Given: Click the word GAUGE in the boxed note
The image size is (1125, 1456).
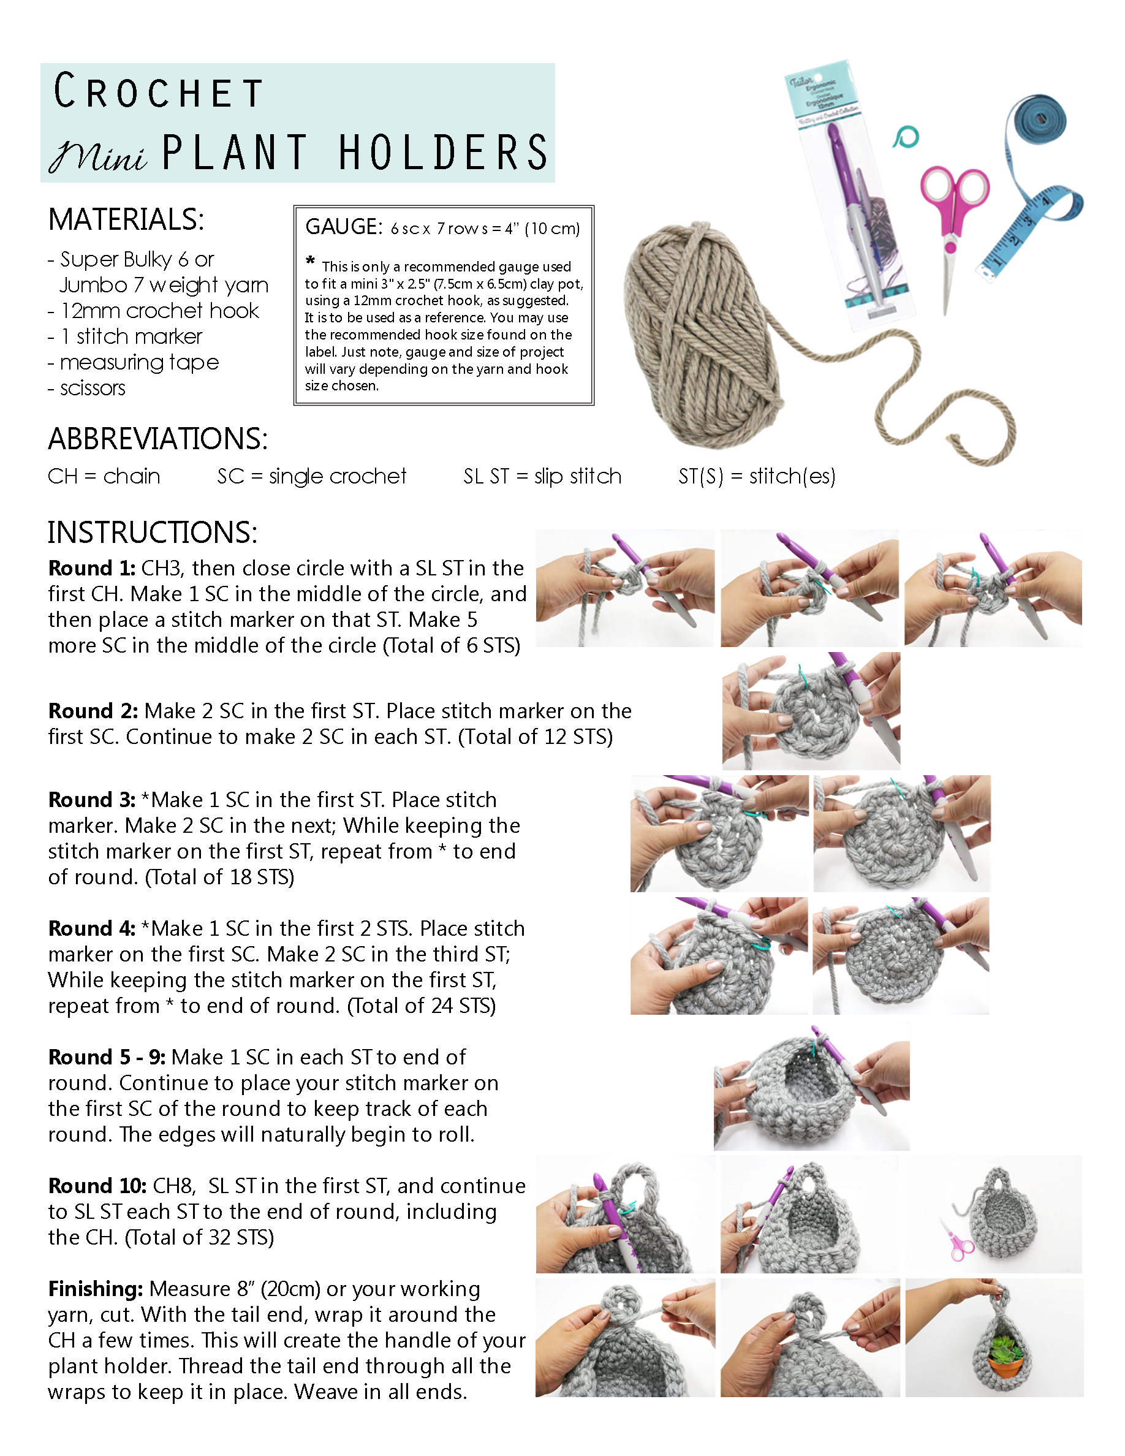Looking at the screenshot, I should click(343, 227).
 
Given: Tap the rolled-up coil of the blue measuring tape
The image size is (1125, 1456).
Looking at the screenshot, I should click(1040, 119).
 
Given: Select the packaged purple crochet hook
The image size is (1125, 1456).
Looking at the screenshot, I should click(850, 200).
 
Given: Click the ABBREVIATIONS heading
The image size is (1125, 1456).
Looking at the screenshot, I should click(158, 439).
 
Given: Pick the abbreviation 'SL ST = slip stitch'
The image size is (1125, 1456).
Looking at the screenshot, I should click(542, 476).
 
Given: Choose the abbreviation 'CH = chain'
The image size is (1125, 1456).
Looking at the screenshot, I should click(104, 476).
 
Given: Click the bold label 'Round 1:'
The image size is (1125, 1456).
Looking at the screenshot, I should click(91, 568).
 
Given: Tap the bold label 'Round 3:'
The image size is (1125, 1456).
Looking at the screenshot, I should click(91, 799).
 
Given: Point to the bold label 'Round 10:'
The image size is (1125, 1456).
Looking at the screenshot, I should click(97, 1185).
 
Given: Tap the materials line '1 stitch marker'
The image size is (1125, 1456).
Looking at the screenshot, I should click(131, 336).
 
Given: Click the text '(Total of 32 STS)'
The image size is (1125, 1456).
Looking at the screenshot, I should click(199, 1237).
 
